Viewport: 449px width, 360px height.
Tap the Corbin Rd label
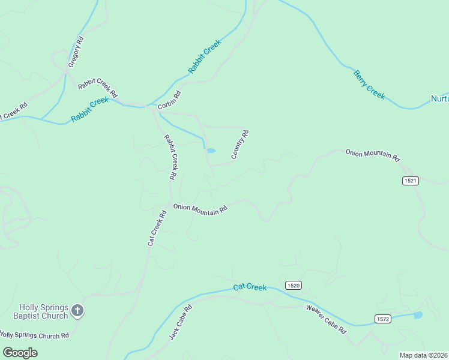(x=169, y=100)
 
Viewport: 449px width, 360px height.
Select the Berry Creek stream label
(x=369, y=85)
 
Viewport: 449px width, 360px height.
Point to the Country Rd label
(x=240, y=145)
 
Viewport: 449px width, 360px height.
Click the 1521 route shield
(x=411, y=181)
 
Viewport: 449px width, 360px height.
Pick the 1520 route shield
(x=293, y=286)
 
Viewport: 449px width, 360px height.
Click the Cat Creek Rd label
(x=157, y=227)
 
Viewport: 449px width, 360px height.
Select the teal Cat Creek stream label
(x=250, y=287)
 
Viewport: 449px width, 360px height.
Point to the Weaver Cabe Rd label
(x=326, y=319)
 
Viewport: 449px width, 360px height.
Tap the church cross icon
(x=77, y=311)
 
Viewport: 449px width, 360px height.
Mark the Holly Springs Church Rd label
(x=34, y=335)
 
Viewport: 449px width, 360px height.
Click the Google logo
(x=20, y=353)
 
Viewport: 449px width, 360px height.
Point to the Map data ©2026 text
(x=423, y=355)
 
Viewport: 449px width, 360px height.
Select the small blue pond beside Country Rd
(x=211, y=151)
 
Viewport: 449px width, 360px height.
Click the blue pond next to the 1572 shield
(x=418, y=314)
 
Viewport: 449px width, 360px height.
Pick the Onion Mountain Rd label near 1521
(x=372, y=155)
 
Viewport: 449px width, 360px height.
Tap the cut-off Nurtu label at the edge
(x=439, y=98)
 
